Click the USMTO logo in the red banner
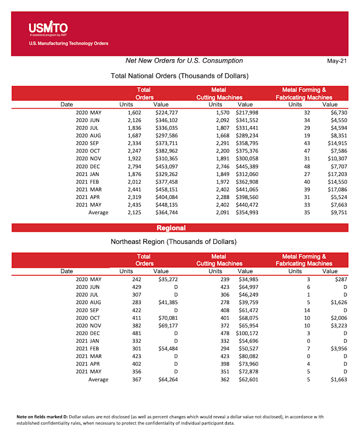48,28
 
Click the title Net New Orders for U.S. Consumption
184,61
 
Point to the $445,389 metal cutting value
247,166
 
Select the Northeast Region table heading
174,242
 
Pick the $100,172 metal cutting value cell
247,333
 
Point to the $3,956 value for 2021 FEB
338,349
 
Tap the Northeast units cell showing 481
136,333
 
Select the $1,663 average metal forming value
338,380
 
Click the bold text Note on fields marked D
42,417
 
